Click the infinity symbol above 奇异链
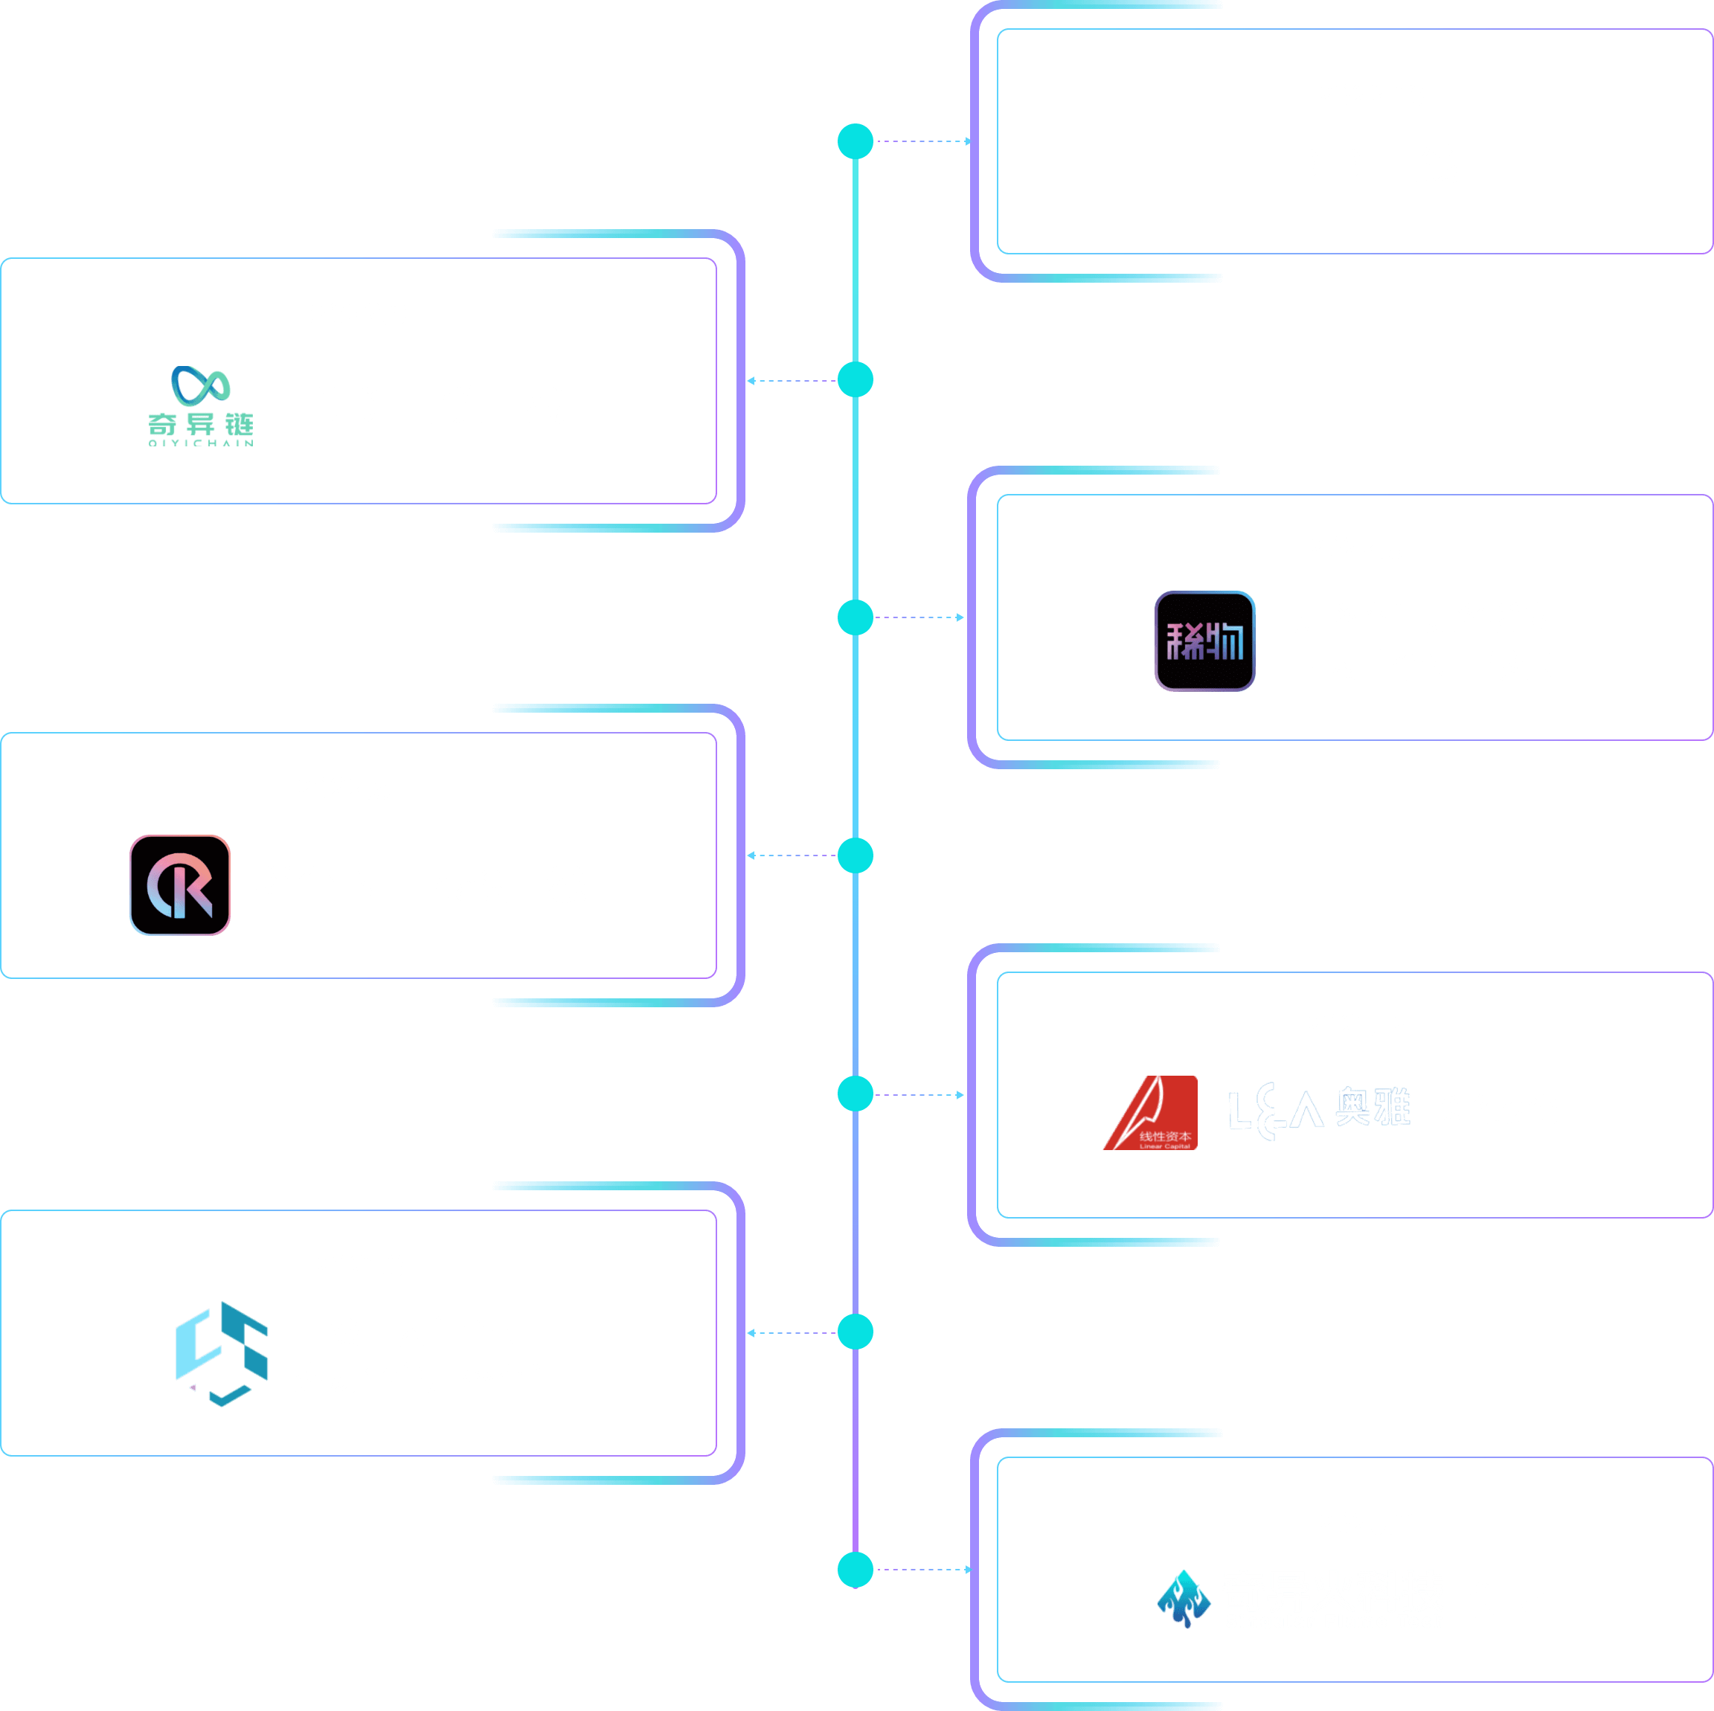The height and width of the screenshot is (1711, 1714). point(201,386)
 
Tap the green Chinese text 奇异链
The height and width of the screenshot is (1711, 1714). point(201,424)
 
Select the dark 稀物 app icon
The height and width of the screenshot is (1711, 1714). point(1204,641)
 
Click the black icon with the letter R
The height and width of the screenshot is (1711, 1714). point(180,885)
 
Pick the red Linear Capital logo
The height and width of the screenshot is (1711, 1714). point(1150,1112)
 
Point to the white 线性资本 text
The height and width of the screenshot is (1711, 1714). point(1165,1136)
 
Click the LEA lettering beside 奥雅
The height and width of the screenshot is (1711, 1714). point(1275,1110)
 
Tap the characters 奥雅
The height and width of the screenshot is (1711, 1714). point(1373,1106)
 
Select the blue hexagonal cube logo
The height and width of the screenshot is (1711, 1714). point(222,1352)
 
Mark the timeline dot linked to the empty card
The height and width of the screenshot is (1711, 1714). point(856,141)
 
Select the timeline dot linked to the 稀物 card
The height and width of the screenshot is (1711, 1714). point(856,617)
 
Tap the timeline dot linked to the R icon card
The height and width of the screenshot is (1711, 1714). point(856,856)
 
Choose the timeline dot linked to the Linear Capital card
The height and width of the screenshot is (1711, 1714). point(856,1094)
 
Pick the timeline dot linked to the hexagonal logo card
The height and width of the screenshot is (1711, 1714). point(856,1332)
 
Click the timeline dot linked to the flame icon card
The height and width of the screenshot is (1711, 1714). point(856,1570)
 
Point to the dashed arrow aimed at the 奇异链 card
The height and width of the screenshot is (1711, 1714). point(792,381)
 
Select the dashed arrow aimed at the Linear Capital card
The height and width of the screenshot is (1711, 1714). point(919,1094)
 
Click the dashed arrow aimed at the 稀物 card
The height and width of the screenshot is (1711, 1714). point(919,617)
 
